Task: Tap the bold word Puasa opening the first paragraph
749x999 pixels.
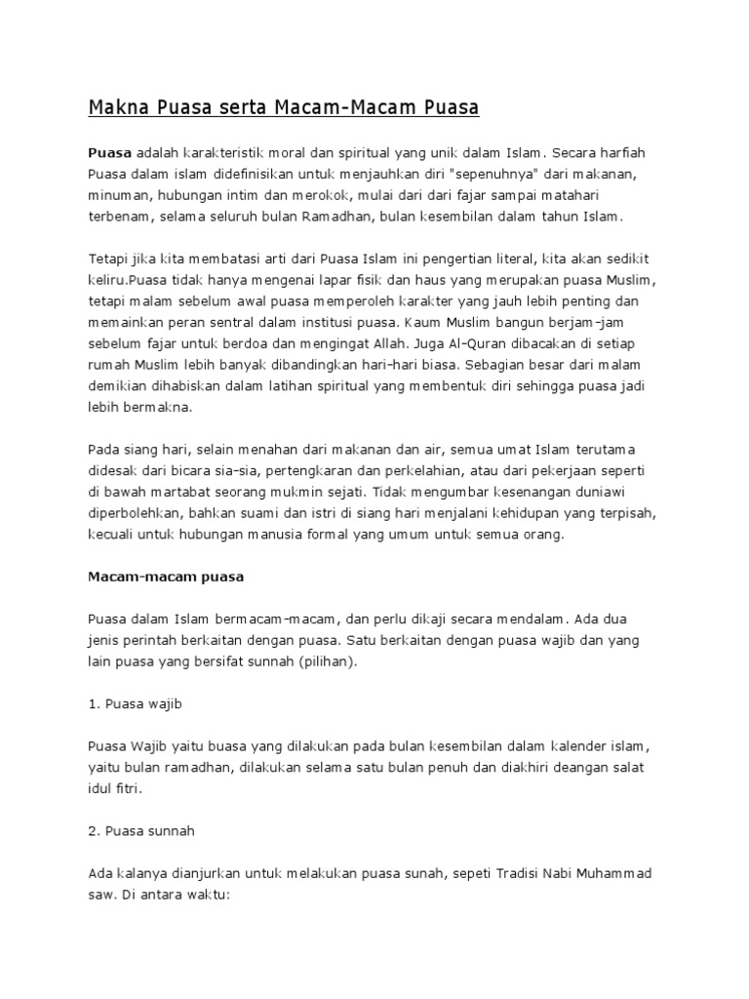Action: pyautogui.click(x=109, y=153)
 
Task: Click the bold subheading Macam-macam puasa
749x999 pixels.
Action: pyautogui.click(x=165, y=576)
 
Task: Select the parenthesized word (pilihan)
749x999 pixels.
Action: pyautogui.click(x=326, y=661)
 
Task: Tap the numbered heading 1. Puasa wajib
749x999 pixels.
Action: pyautogui.click(x=133, y=702)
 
